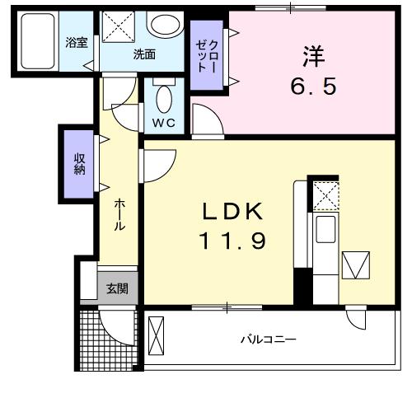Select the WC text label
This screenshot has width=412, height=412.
click(x=162, y=124)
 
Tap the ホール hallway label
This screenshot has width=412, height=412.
click(x=120, y=212)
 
